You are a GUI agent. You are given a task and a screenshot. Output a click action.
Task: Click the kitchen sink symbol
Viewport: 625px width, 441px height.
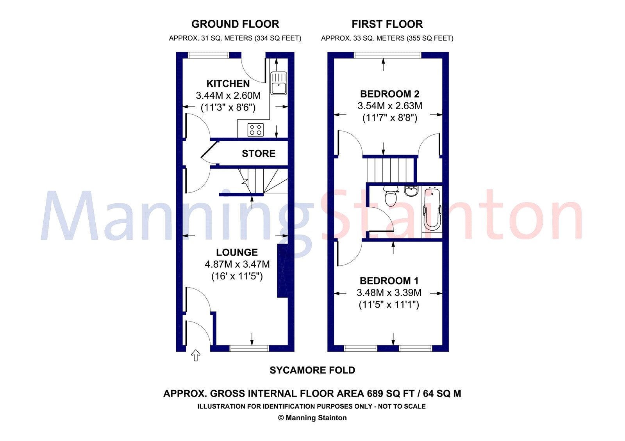[x=279, y=83]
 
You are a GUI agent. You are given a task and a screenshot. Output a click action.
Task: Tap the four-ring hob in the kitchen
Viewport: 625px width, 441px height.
[x=255, y=130]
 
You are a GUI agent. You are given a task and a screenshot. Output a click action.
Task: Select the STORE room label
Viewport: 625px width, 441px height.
[x=259, y=154]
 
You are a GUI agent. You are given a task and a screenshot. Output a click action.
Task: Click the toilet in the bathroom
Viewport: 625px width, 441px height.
[x=391, y=196]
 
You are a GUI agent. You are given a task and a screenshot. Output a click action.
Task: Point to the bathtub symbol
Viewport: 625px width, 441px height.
[x=432, y=209]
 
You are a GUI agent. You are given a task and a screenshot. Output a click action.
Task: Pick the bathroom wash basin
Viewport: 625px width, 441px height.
[x=411, y=191]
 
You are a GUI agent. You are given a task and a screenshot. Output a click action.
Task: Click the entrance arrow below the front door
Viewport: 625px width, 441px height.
[x=196, y=355]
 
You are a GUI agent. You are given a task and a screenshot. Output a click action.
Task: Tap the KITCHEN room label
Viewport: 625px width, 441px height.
[x=228, y=84]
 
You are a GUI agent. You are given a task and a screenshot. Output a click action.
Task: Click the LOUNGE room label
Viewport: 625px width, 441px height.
[x=237, y=253]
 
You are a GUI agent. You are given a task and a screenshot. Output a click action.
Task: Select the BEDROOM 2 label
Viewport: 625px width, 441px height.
[x=390, y=94]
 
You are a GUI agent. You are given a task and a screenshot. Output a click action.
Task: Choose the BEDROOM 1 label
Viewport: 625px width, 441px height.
[x=389, y=281]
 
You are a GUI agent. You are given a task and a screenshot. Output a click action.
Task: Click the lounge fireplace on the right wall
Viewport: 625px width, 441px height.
[x=282, y=271]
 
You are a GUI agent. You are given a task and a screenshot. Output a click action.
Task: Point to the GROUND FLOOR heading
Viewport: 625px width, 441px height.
[x=235, y=24]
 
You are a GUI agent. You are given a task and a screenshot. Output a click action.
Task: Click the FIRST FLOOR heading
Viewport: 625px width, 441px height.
[x=387, y=24]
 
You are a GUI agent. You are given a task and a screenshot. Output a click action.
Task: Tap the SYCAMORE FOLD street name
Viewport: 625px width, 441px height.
[x=312, y=370]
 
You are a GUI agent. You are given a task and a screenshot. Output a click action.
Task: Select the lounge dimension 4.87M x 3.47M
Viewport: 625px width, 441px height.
[x=237, y=265]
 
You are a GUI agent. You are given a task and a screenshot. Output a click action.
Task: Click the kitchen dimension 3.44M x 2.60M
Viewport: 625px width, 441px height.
[x=228, y=96]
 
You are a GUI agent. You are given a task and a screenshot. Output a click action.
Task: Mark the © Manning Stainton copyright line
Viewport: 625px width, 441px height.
[x=312, y=418]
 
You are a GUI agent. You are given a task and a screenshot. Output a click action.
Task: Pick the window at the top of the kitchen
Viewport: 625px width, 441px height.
[x=209, y=55]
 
